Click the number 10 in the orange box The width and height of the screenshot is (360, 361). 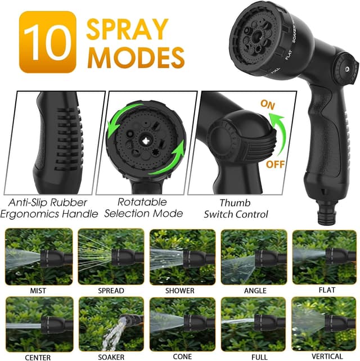click(47, 44)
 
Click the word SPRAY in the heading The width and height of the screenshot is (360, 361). click(127, 30)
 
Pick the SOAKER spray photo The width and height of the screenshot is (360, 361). click(110, 324)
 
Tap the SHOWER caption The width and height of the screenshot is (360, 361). click(180, 291)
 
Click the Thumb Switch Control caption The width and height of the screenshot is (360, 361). click(236, 208)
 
